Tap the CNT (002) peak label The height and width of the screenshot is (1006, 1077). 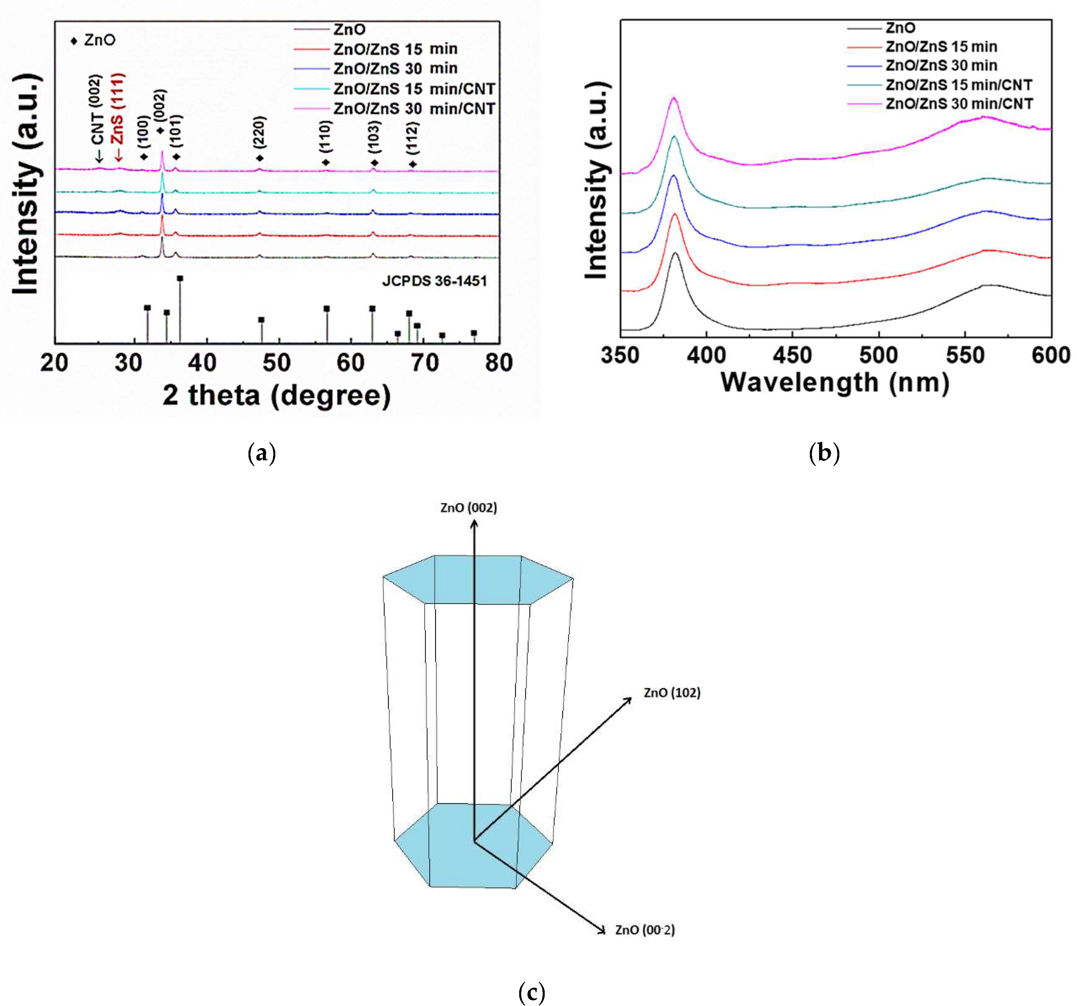[97, 111]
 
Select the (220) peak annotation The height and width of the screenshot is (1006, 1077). [260, 132]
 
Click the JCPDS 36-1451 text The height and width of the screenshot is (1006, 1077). [434, 281]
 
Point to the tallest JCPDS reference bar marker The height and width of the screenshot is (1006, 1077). [180, 278]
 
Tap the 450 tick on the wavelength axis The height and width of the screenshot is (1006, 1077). [792, 355]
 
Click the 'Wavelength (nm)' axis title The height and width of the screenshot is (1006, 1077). [835, 383]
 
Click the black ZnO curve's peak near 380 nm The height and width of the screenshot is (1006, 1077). [675, 253]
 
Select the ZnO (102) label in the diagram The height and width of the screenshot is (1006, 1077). [672, 693]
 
